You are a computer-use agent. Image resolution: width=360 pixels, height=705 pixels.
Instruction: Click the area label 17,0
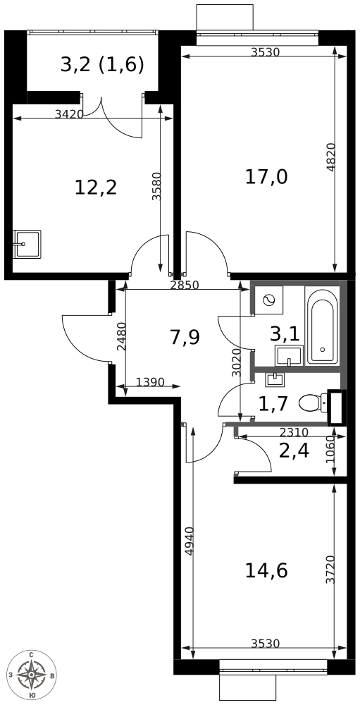pyautogui.click(x=266, y=176)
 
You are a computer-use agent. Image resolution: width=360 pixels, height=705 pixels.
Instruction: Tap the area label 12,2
pyautogui.click(x=95, y=188)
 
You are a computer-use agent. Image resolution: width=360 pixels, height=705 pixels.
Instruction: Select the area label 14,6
pyautogui.click(x=266, y=570)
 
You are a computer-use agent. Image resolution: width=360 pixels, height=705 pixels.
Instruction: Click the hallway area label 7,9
pyautogui.click(x=185, y=337)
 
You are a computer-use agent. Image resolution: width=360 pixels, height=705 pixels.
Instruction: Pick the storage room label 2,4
pyautogui.click(x=294, y=450)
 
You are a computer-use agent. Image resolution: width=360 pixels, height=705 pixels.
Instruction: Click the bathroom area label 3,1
pyautogui.click(x=284, y=333)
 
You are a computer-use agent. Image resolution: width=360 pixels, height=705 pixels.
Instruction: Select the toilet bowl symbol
pyautogui.click(x=313, y=403)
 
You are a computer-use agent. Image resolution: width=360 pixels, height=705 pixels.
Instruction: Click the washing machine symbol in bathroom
pyautogui.click(x=268, y=300)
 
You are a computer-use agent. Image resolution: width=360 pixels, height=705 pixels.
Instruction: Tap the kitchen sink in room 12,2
pyautogui.click(x=27, y=244)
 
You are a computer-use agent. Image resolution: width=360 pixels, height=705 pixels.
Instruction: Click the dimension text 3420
pyautogui.click(x=69, y=114)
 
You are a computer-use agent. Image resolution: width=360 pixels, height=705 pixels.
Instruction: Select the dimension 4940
pyautogui.click(x=188, y=541)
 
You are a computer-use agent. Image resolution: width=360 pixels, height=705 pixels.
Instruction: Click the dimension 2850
pyautogui.click(x=185, y=286)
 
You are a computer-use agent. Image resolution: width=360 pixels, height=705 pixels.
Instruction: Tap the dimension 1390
pyautogui.click(x=149, y=383)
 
